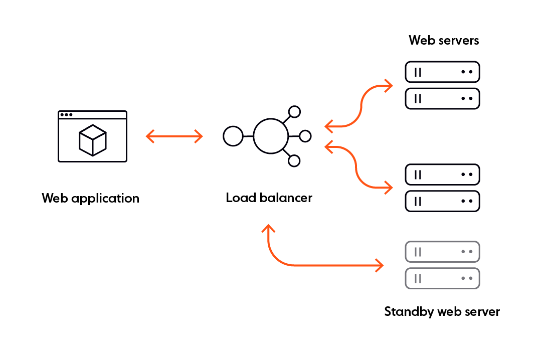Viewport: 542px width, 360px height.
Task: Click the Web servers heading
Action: coord(444,40)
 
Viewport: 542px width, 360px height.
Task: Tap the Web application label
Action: coord(91,199)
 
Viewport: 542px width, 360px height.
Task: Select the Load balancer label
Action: coord(269,198)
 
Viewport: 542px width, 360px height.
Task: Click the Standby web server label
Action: coord(442,312)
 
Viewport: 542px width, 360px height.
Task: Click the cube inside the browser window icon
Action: coord(93,140)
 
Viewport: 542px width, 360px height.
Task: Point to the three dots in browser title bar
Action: coord(66,115)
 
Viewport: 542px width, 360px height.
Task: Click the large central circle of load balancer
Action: coord(271,136)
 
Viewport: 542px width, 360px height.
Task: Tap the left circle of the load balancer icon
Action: coord(233,136)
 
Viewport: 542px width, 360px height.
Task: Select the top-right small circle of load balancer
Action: coord(294,111)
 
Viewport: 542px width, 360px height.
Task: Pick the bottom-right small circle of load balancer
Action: coord(294,160)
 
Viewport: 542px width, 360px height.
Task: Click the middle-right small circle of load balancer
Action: coord(305,136)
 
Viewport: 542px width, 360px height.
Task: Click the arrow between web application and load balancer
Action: coord(174,136)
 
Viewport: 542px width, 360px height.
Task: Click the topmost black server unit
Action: coord(442,72)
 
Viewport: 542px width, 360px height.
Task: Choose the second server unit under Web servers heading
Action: coord(442,99)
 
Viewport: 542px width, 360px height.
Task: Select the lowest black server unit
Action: coord(442,201)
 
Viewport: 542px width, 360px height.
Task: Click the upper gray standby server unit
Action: coord(442,252)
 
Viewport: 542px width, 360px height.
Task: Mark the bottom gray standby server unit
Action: coord(442,278)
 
